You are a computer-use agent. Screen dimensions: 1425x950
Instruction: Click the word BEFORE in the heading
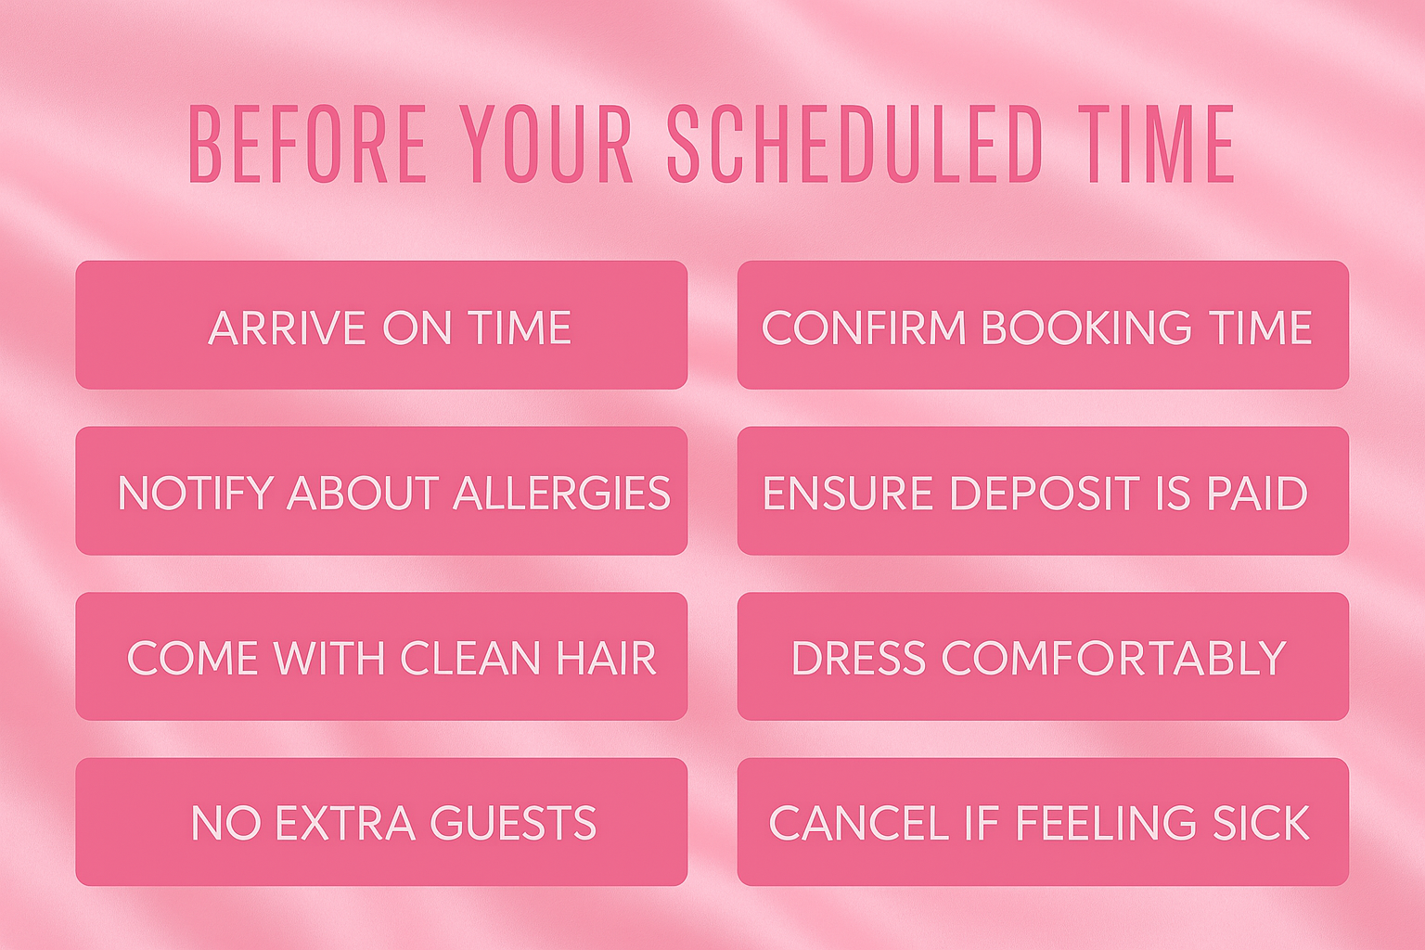[307, 144]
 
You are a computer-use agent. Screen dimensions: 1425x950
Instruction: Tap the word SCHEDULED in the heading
[854, 144]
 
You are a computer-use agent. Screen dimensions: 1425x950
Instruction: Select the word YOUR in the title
[546, 144]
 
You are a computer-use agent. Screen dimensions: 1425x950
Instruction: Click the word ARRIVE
[285, 327]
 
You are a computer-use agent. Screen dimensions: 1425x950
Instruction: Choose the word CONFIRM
[863, 327]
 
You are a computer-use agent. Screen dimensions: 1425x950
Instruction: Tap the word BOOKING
[1085, 327]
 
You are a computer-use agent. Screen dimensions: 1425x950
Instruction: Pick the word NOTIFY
[196, 494]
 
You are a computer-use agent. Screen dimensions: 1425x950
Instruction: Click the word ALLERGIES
[561, 494]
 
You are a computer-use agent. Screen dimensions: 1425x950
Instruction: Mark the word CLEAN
[470, 658]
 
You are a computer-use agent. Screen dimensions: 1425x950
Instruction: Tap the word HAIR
[606, 658]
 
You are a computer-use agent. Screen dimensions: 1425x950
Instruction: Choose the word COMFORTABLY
[1114, 658]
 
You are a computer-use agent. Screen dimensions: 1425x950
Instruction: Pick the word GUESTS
[513, 823]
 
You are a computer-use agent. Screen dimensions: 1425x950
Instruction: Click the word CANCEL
[859, 823]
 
